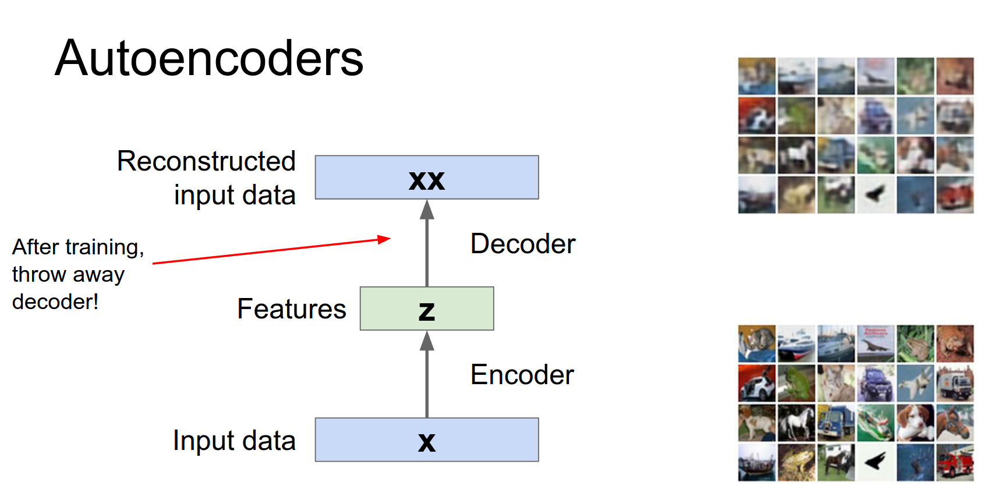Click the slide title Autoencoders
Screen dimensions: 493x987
[x=209, y=58]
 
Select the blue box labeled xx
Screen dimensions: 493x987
[x=427, y=178]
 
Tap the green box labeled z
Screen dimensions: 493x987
[x=427, y=309]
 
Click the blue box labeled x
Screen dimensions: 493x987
[x=427, y=440]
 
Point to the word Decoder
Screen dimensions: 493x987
[x=522, y=244]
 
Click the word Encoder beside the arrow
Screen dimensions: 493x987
[x=522, y=375]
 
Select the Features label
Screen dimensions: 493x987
[x=291, y=309]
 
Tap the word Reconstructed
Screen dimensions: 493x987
[x=206, y=161]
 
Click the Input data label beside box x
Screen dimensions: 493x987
[x=234, y=441]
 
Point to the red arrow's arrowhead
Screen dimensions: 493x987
[x=385, y=239]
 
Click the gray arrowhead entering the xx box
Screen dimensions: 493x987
[x=427, y=209]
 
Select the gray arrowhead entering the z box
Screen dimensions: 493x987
[x=427, y=341]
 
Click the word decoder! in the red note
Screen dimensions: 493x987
[x=55, y=302]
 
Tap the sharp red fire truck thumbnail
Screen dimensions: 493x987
[x=955, y=463]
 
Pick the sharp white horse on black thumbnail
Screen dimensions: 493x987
[x=796, y=423]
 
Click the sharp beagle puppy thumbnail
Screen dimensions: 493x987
[x=915, y=423]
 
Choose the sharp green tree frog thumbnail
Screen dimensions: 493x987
[x=796, y=384]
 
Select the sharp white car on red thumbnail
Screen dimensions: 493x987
[x=756, y=384]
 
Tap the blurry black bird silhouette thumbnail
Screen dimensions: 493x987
[x=875, y=194]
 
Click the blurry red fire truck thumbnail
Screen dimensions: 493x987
[x=955, y=194]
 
